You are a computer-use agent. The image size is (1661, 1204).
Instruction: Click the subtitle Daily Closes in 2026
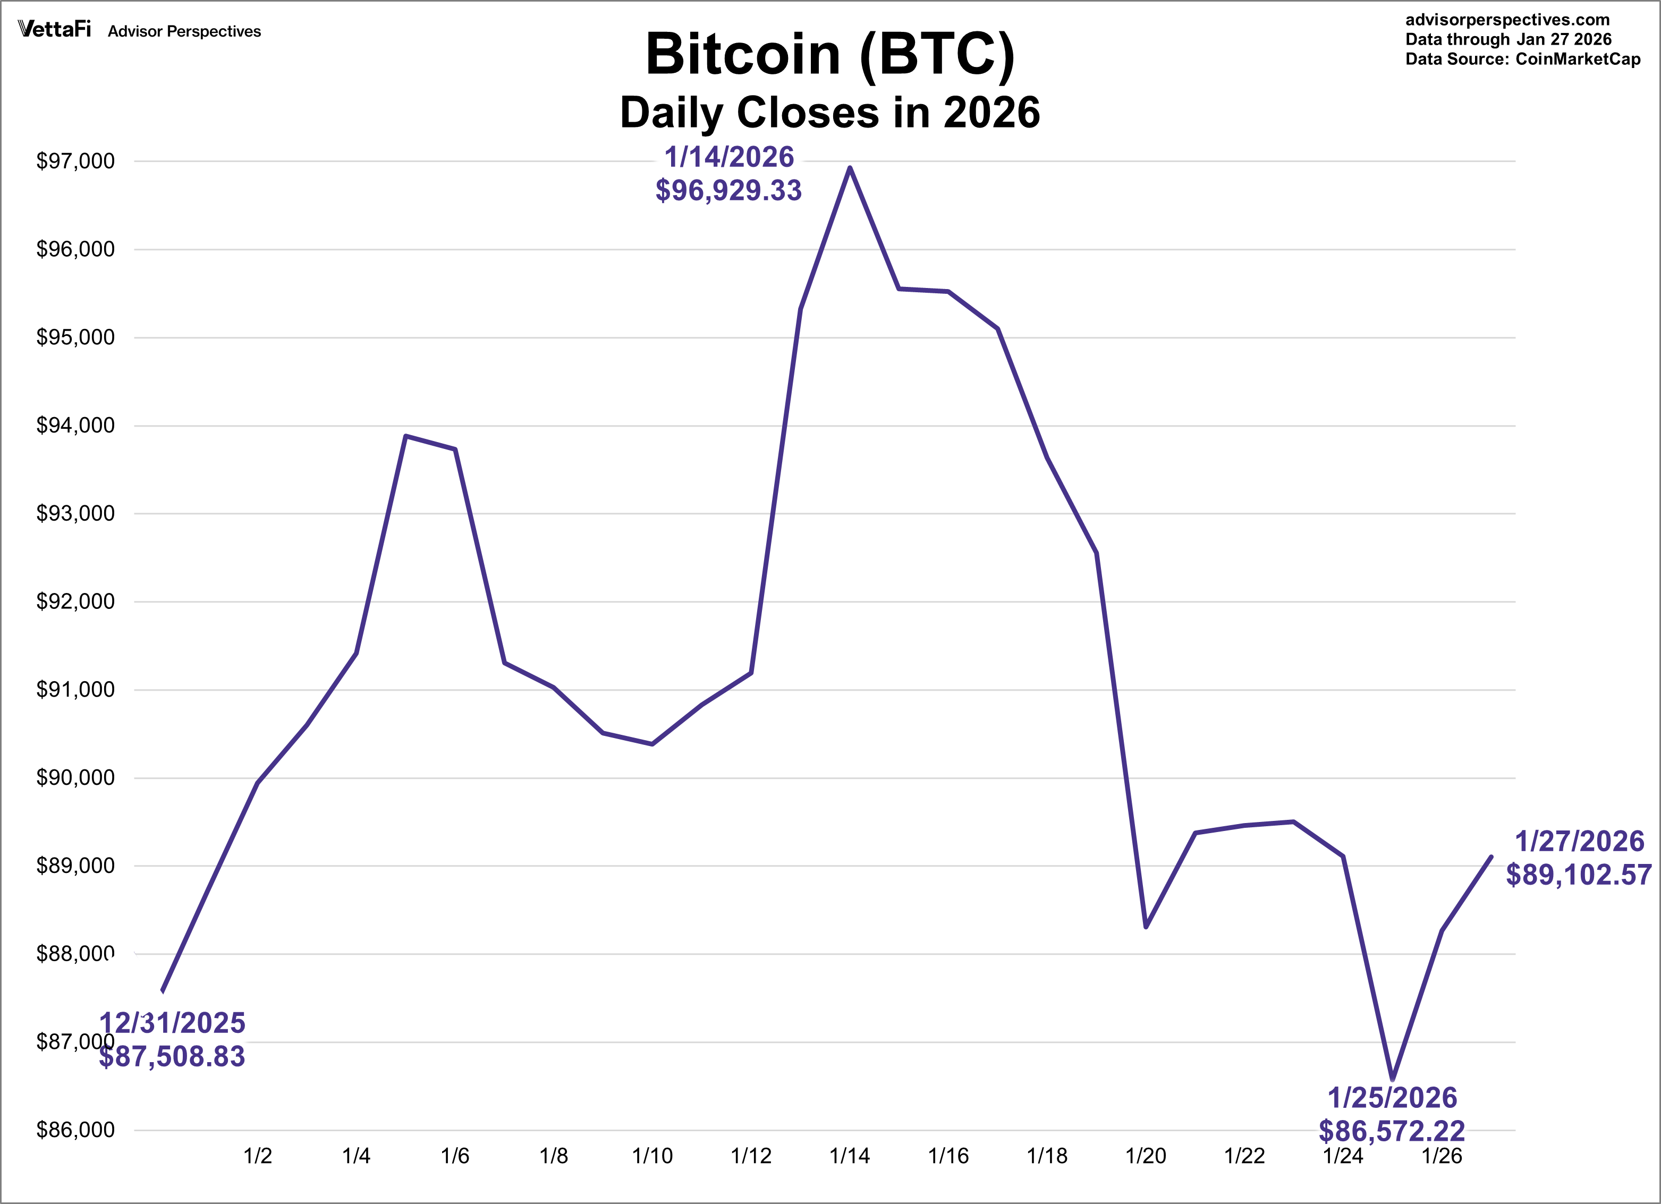tap(830, 113)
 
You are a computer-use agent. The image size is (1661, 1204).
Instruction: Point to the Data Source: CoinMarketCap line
tap(1523, 60)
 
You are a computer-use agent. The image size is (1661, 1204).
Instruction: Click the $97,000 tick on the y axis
tap(75, 161)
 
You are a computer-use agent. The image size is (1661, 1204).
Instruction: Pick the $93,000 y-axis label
tap(75, 513)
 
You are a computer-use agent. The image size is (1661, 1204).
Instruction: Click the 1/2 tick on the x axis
tap(257, 1156)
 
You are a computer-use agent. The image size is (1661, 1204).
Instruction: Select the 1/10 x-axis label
tap(652, 1156)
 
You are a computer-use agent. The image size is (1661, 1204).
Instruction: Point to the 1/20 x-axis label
tap(1146, 1156)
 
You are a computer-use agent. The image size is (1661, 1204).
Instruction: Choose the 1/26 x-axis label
tap(1442, 1156)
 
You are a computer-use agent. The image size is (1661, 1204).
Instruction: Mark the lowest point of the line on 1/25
tap(1392, 1079)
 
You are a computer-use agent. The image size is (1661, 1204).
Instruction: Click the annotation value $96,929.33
tap(728, 190)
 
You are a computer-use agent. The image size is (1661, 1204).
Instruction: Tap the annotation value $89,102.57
tap(1578, 875)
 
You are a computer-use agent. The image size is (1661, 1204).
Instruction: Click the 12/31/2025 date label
tap(172, 1023)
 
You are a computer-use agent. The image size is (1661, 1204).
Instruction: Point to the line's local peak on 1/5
tap(406, 436)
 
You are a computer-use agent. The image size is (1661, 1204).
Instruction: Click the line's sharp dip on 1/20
tap(1146, 927)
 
